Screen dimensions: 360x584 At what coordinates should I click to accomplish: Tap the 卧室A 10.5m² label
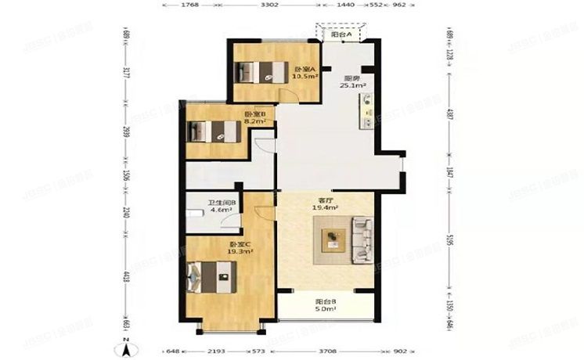305,74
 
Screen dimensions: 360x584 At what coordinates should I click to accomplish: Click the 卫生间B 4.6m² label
222,208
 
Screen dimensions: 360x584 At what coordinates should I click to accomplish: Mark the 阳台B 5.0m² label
326,305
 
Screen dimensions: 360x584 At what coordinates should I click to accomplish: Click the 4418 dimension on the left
125,278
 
